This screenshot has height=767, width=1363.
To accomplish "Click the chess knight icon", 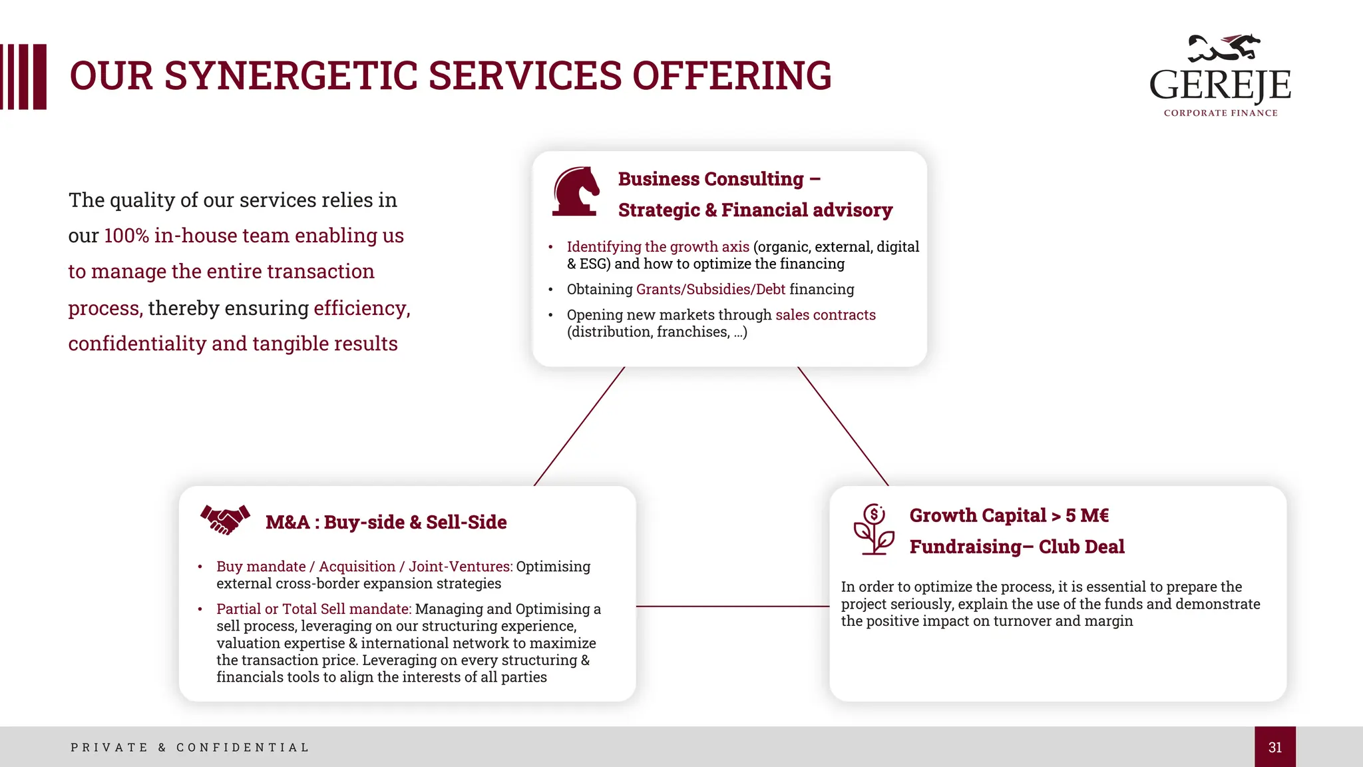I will (576, 192).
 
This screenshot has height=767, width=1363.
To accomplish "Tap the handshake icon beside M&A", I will (225, 519).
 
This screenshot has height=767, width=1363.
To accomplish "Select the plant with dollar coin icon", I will (874, 529).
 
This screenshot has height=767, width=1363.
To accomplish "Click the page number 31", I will (1274, 747).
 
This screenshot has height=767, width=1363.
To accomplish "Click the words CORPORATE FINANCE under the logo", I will (1221, 113).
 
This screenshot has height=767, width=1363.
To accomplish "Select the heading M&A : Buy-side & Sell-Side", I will (386, 522).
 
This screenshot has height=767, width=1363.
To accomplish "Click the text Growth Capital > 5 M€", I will (1009, 515).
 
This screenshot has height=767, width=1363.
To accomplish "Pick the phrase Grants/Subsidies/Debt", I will (711, 289).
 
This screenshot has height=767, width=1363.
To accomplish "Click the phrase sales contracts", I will (825, 315).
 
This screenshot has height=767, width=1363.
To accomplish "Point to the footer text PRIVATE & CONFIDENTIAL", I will (190, 747).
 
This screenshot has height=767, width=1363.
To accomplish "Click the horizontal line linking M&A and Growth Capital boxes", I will (733, 606).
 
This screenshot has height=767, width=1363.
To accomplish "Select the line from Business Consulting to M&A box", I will (579, 426).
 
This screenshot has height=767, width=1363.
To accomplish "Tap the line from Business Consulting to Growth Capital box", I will (843, 426).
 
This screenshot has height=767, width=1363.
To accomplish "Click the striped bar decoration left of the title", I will (24, 77).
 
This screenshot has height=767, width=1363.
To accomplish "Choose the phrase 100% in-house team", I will (196, 236).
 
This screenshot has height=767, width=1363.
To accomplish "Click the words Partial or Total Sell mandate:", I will (314, 609).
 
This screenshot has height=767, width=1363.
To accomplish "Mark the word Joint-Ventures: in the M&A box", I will (461, 567).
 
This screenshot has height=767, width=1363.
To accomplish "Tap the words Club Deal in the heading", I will (1081, 547).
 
